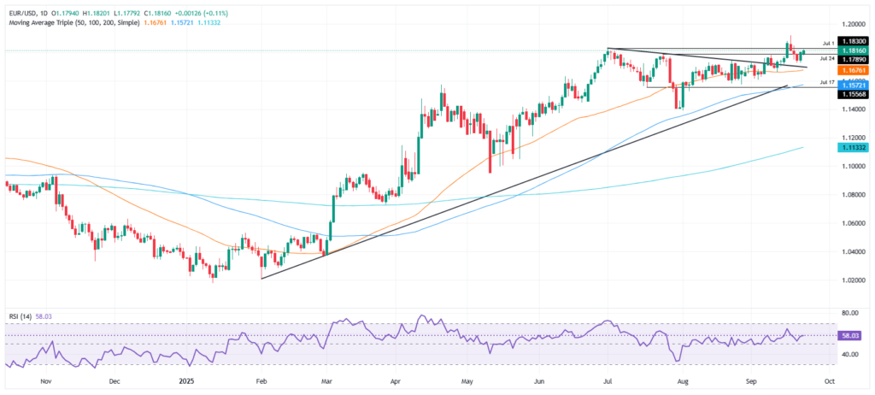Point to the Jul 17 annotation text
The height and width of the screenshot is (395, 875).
click(x=826, y=82)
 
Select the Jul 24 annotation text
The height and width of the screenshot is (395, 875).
click(x=826, y=58)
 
